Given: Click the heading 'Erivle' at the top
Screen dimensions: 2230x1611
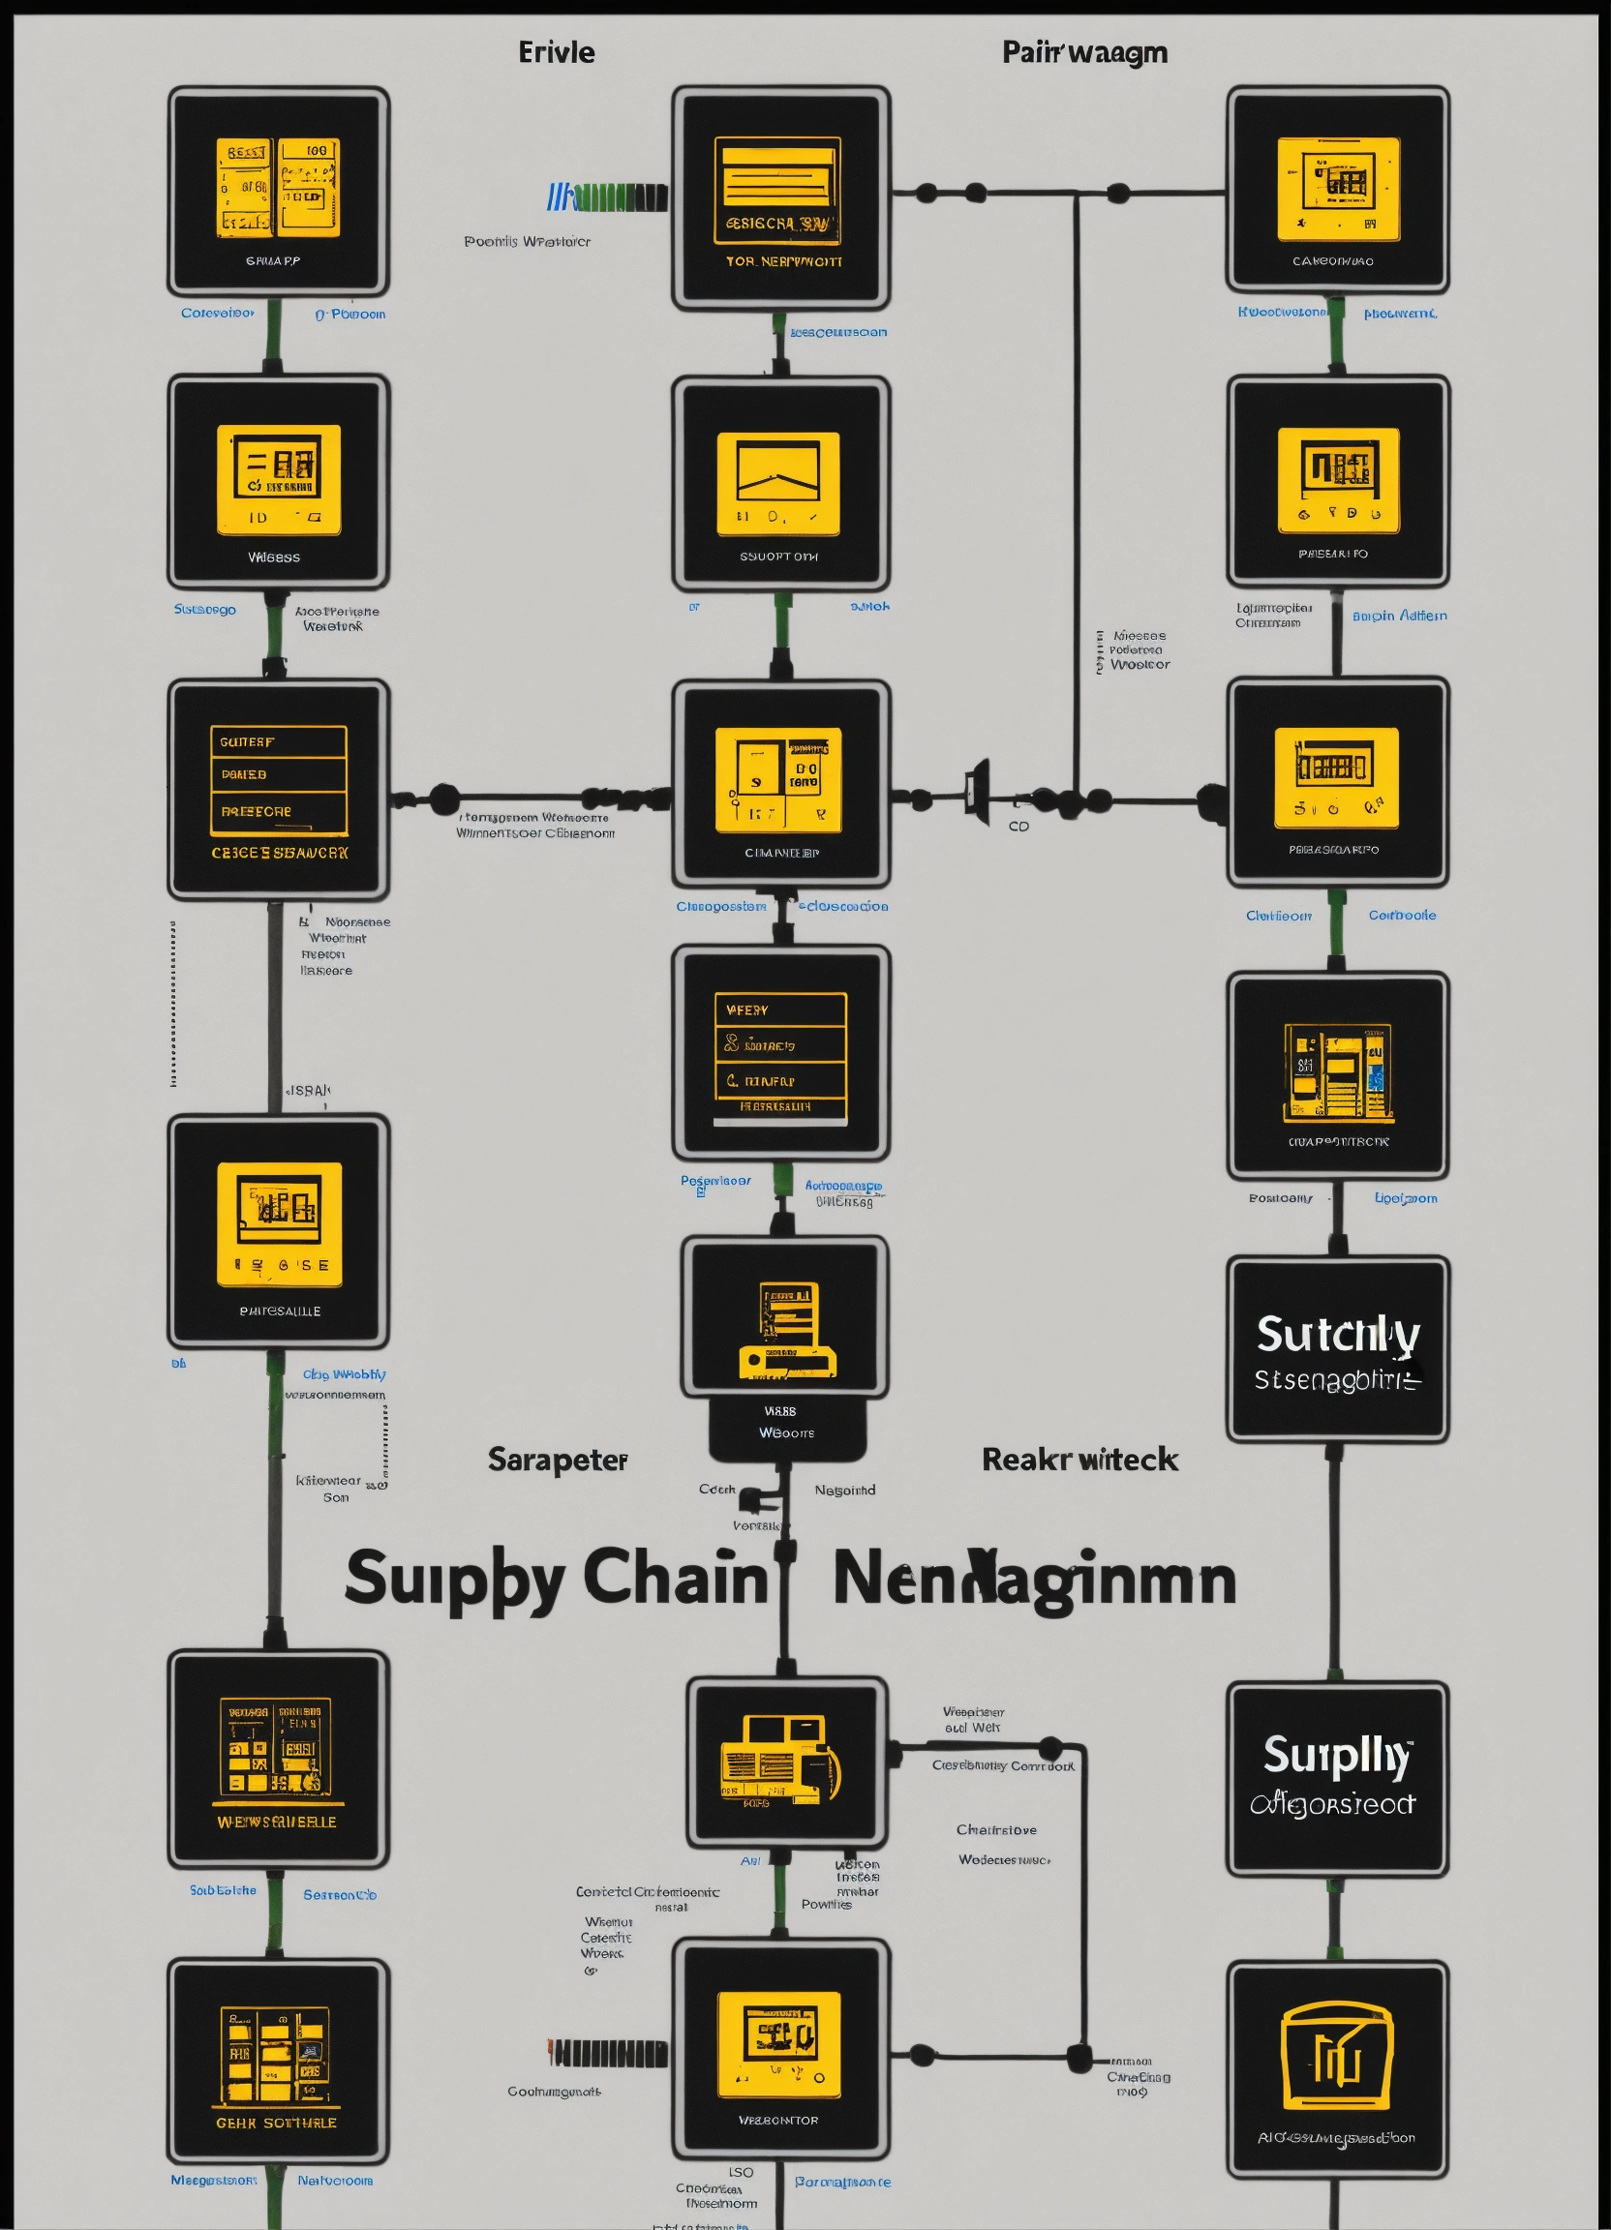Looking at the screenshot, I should pos(557,52).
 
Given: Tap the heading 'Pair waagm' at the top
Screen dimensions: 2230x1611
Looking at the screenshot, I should pos(1085,52).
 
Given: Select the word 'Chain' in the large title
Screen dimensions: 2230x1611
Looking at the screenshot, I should pos(675,1577).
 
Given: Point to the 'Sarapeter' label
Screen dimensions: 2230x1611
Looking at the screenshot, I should pos(558,1461).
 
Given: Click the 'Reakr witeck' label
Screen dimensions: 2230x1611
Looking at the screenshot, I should pos(1079,1460).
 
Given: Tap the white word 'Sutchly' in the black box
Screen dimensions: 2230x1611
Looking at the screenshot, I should pos(1338,1335).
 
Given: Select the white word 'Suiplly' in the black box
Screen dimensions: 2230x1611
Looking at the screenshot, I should pos(1337,1756).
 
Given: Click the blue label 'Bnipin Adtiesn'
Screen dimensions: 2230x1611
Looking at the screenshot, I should pos(1399,616).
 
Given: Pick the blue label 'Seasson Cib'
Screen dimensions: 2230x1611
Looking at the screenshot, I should pos(339,1895).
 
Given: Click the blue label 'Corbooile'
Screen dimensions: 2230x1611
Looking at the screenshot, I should pos(1402,916).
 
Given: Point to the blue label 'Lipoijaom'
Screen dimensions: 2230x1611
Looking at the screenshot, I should pos(1406,1198).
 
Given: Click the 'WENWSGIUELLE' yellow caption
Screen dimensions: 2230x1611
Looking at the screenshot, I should pos(276,1822).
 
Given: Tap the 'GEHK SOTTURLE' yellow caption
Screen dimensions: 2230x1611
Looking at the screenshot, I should pos(276,2123).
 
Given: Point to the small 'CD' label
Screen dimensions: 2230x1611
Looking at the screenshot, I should pos(1018,827).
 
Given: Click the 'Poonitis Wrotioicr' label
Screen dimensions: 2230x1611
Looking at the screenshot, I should pos(528,242).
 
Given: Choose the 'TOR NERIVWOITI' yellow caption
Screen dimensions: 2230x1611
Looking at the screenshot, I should pos(784,261).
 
